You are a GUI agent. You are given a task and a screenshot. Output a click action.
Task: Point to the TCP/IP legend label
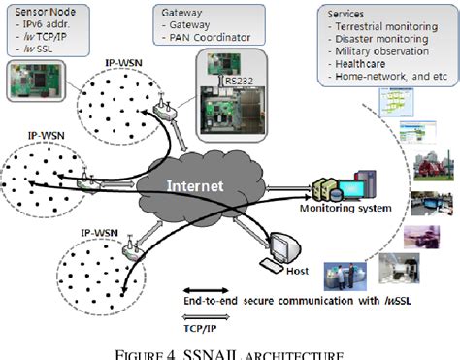pyautogui.click(x=202, y=329)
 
